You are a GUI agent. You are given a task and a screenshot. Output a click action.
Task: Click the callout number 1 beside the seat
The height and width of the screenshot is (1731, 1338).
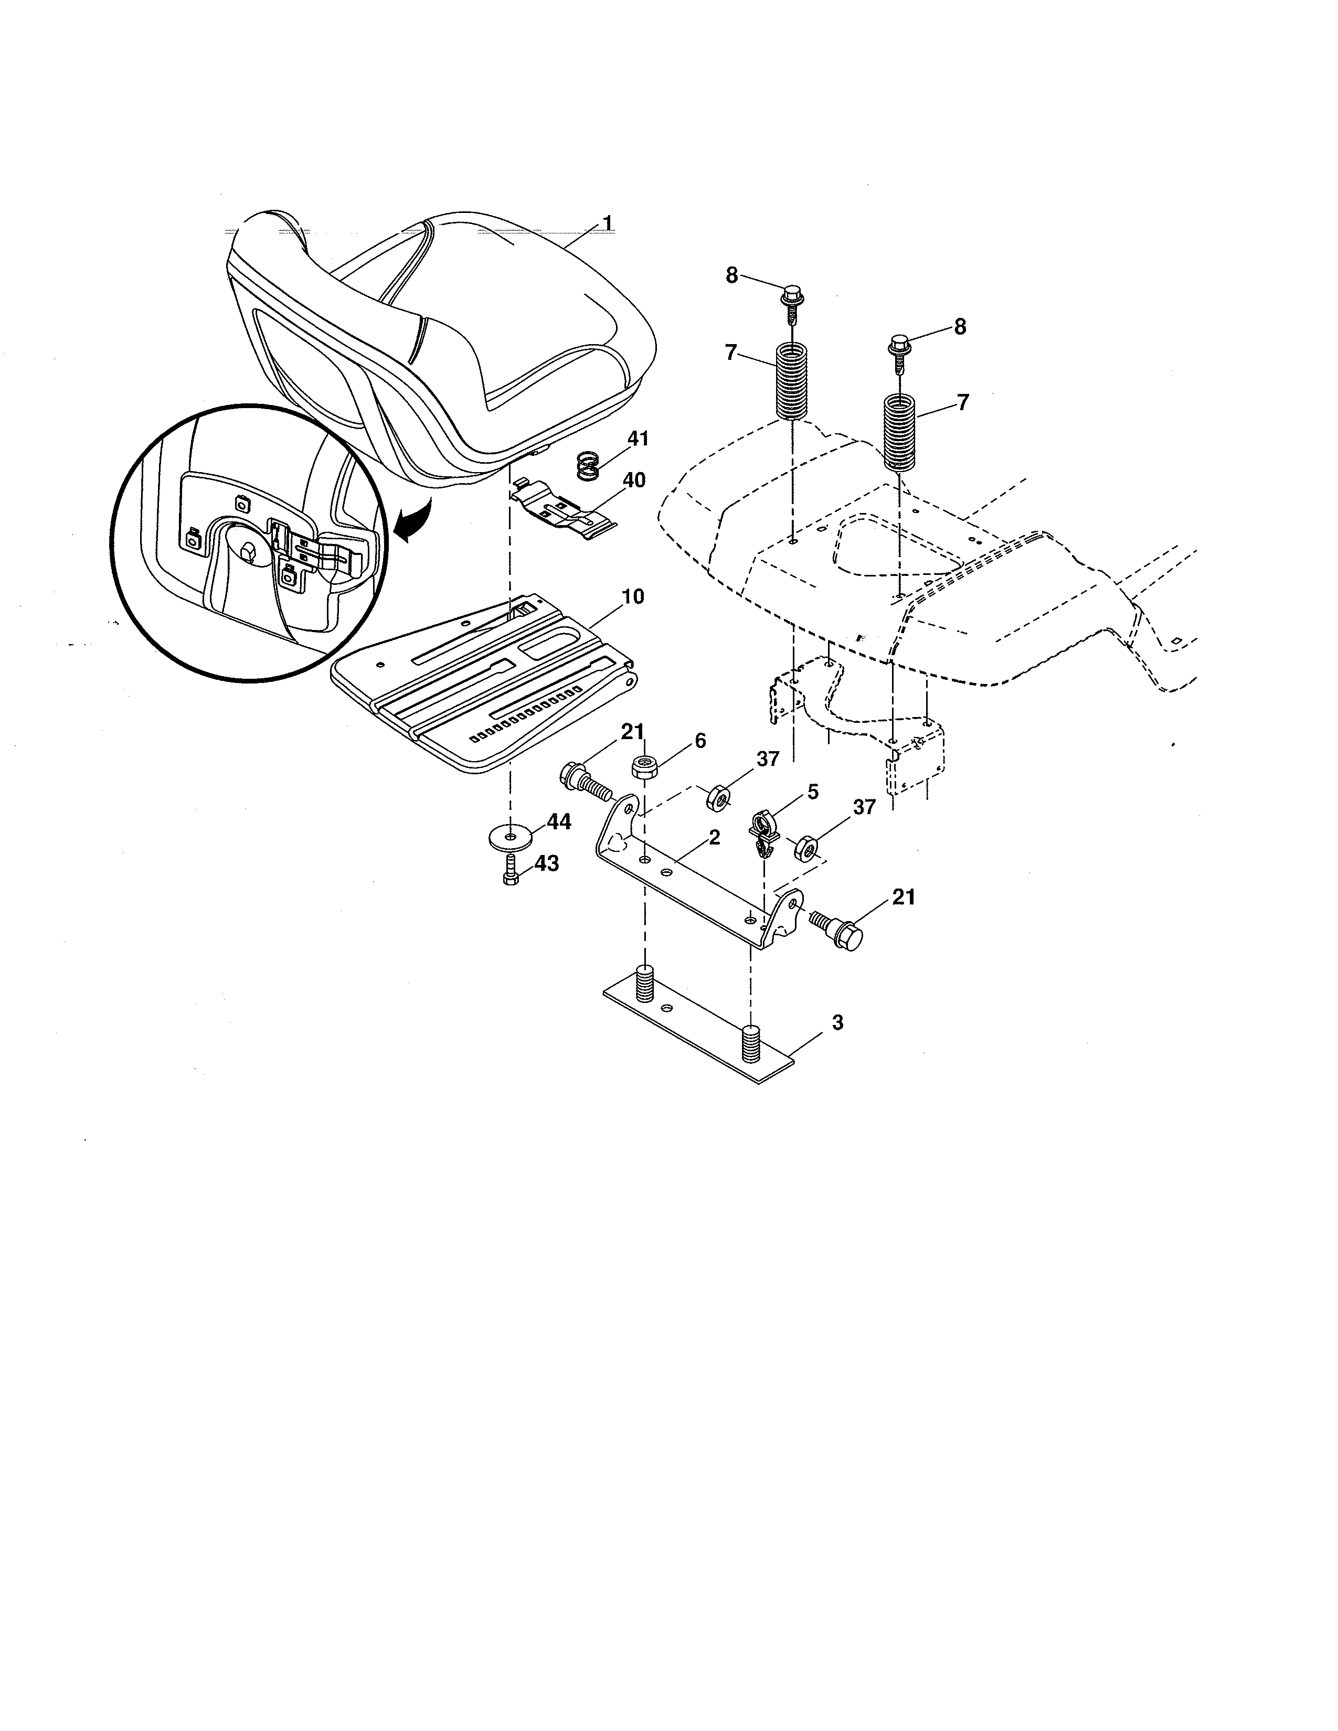coord(607,225)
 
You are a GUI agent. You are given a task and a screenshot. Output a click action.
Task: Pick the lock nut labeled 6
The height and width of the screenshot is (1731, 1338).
coord(643,767)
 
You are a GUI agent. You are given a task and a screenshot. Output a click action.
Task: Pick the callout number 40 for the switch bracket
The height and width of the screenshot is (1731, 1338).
coord(634,480)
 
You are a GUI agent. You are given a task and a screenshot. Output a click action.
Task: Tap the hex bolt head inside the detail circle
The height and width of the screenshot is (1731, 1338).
coord(247,552)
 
